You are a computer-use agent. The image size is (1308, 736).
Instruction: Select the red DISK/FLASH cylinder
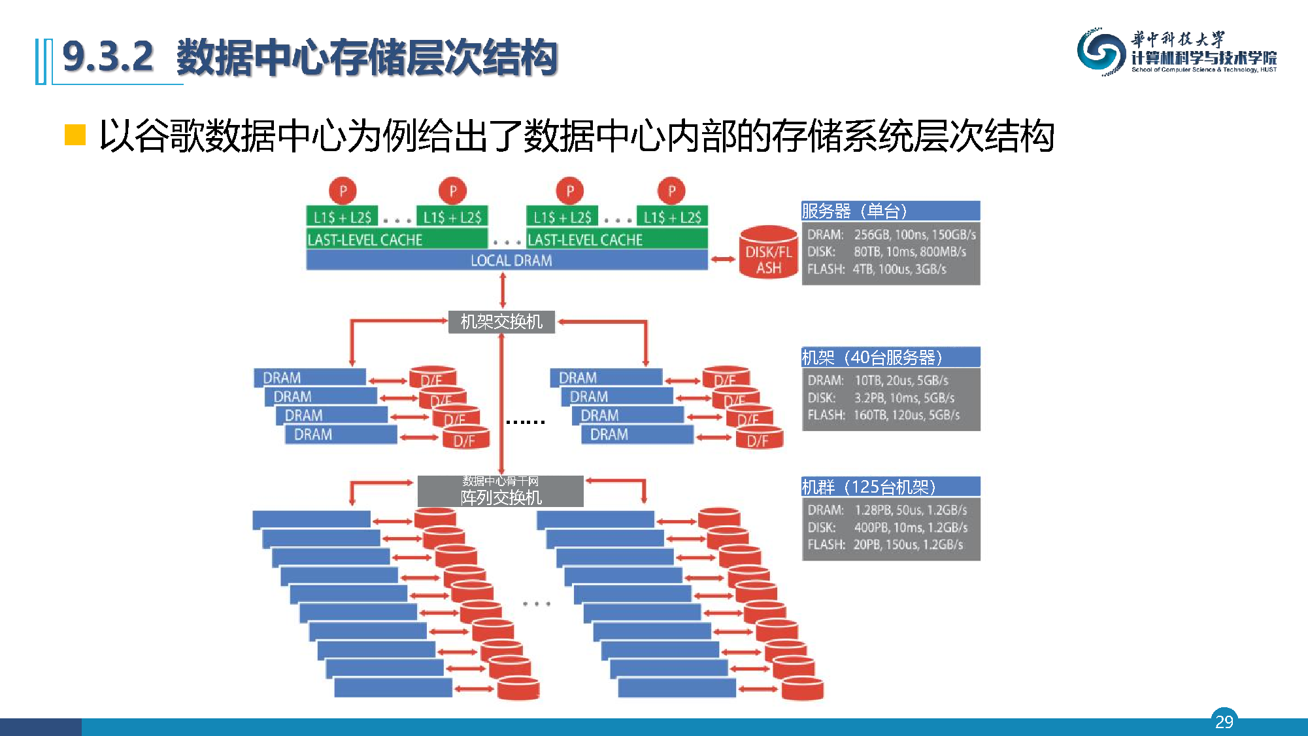click(769, 254)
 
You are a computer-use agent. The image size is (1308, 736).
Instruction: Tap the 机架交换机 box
click(501, 322)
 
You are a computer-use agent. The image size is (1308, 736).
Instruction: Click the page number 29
click(1224, 721)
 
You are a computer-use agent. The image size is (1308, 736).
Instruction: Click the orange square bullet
click(75, 135)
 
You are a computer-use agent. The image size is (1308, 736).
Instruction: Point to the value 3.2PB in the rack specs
click(869, 398)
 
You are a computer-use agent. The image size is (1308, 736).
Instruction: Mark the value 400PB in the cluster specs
click(870, 527)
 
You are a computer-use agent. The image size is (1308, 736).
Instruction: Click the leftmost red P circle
click(343, 191)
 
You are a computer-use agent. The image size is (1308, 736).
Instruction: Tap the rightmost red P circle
click(671, 191)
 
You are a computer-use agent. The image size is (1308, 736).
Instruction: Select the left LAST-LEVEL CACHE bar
click(396, 239)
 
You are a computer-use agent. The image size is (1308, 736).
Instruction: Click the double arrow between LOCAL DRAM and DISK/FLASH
click(723, 259)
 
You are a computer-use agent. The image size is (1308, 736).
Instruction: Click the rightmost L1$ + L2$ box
click(671, 217)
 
